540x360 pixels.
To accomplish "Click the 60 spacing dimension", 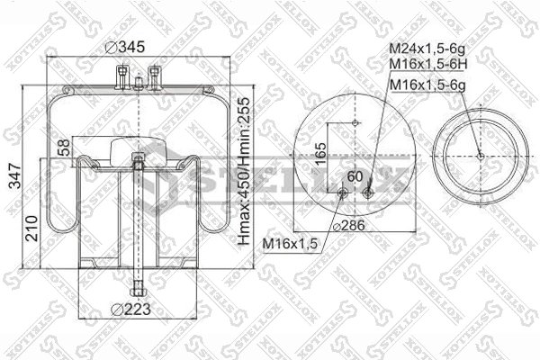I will click(x=354, y=176).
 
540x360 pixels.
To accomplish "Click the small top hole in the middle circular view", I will click(x=356, y=123).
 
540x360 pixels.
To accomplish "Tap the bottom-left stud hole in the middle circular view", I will click(x=342, y=191).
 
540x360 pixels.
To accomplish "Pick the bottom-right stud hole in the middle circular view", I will click(x=371, y=190).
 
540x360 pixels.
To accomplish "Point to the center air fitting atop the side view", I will click(x=137, y=83).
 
